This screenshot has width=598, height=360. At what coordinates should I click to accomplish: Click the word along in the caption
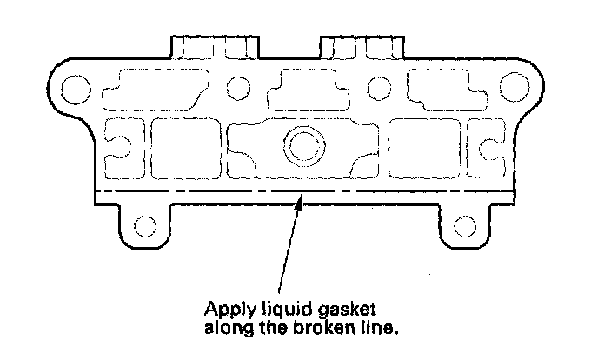(226, 328)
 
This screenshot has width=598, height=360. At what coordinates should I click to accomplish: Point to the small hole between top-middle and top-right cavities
(379, 87)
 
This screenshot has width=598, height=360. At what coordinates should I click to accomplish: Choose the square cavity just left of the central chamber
(185, 145)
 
